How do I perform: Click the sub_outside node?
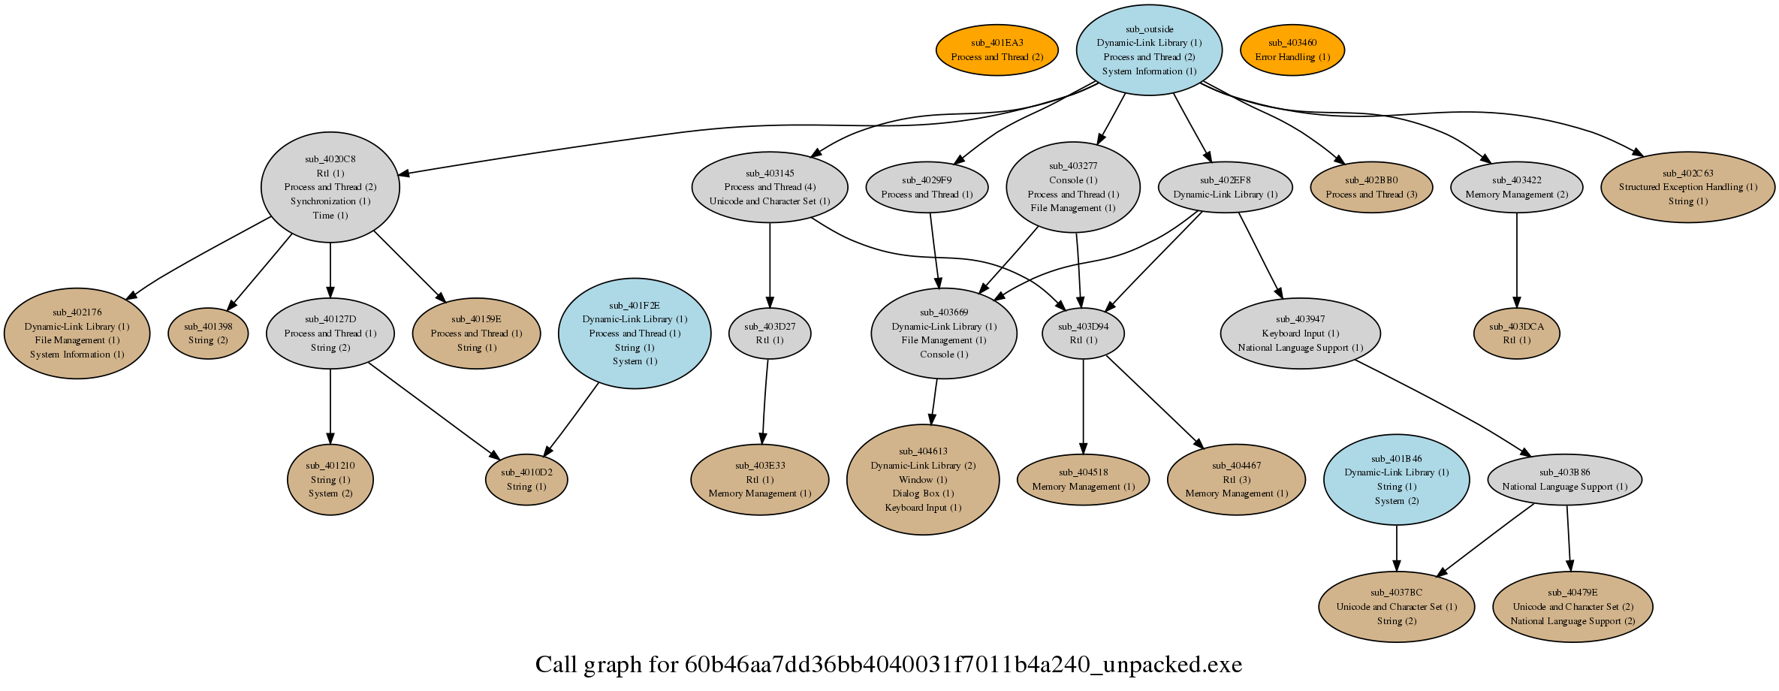click(1149, 50)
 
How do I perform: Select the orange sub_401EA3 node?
click(997, 50)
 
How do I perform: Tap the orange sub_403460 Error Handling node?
click(1292, 50)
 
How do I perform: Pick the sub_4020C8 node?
click(330, 187)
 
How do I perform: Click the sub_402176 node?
click(77, 333)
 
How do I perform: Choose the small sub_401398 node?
click(208, 333)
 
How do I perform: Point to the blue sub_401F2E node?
click(635, 333)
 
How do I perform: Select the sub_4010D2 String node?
click(526, 479)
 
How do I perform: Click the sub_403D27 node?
click(770, 333)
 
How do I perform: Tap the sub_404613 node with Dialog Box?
click(923, 479)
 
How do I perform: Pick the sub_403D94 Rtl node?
click(1083, 333)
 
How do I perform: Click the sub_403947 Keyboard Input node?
click(1300, 333)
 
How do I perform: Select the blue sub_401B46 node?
click(1397, 479)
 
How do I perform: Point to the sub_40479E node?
click(1572, 607)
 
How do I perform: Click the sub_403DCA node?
click(1517, 333)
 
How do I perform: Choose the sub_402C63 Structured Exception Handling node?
click(1688, 187)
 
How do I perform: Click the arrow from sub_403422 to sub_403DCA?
click(1517, 261)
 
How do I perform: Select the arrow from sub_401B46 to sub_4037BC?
click(1397, 548)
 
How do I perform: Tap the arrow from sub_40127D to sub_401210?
click(330, 406)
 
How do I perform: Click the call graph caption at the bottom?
click(889, 665)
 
